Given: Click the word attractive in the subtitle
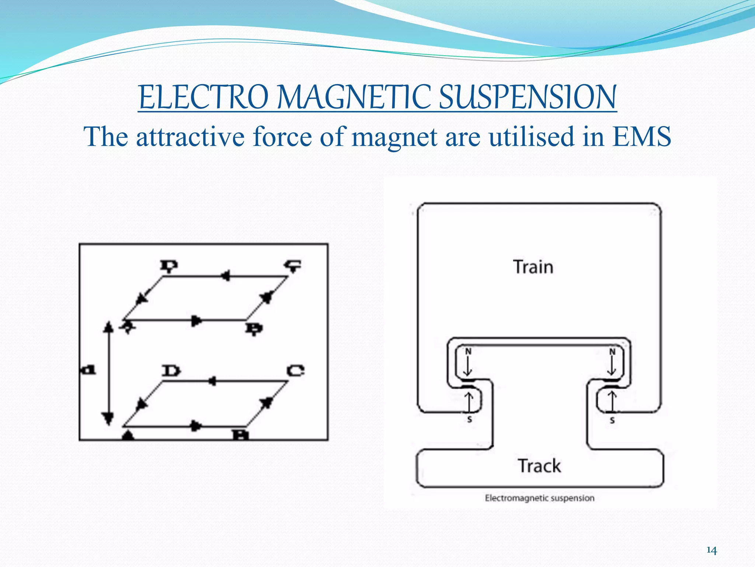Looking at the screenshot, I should pos(190,137).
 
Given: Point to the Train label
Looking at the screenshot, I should pos(533,267).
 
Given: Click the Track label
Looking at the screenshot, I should pos(539,465).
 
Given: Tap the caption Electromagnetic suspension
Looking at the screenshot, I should pos(539,498).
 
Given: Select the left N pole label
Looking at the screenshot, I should pos(468,351).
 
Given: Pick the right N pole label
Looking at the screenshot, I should pos(612,351).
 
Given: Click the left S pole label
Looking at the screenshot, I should pos(469,419).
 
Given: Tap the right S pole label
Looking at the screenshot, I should pos(612,420).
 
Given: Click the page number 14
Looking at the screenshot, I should pos(711,550).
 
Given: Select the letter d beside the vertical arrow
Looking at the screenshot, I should pos(89,369).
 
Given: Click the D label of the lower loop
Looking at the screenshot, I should pos(171,370).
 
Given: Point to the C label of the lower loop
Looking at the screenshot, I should pos(296,370).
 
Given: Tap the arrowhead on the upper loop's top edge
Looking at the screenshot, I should pos(225,276).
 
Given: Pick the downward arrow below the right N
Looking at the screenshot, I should pos(612,367).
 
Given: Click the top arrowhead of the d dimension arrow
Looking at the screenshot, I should pos(108,326).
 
